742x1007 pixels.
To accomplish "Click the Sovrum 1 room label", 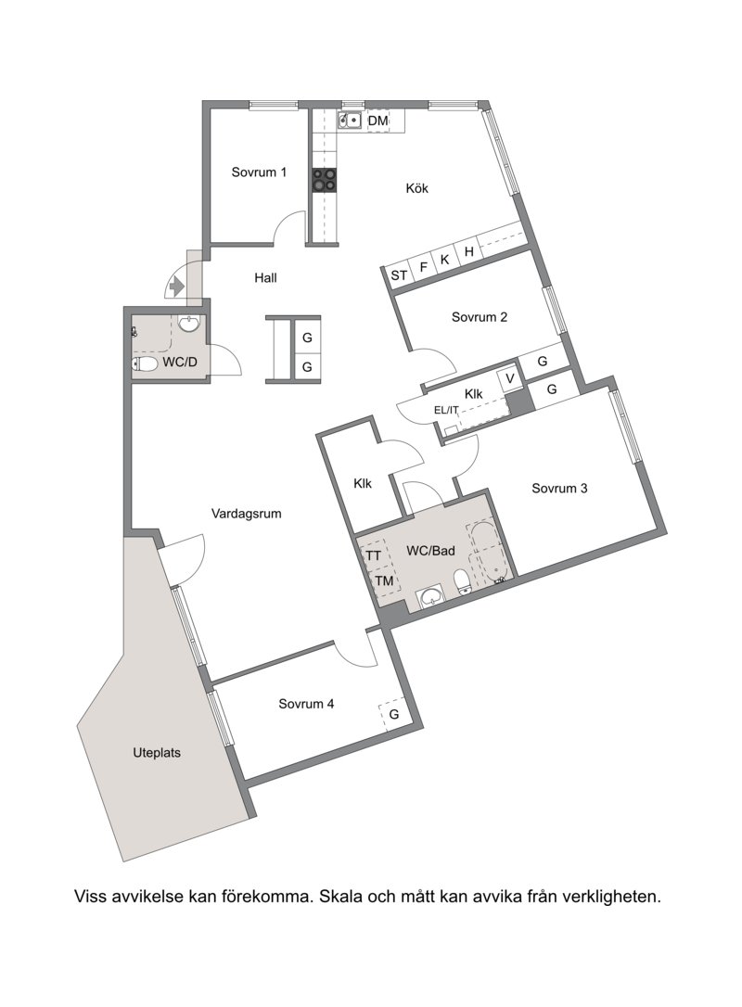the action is tap(259, 172).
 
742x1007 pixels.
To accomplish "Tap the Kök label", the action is tap(417, 188).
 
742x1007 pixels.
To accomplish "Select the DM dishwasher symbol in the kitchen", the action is tap(377, 121).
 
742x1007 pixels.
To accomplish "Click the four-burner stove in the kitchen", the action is tap(324, 180).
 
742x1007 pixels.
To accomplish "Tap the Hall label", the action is tap(265, 277).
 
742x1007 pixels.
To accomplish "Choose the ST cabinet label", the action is tap(399, 275).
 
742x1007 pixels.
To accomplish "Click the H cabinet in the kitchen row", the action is tap(469, 251).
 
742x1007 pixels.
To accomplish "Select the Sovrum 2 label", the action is tap(480, 316).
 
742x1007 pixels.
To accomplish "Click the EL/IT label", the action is tap(446, 409).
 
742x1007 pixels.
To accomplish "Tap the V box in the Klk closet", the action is tap(510, 379).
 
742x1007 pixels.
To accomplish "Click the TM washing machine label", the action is tap(384, 581).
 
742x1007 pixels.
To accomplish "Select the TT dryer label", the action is tap(373, 555).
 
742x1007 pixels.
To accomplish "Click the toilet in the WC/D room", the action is tap(145, 364).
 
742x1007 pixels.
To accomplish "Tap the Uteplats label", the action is tap(157, 753).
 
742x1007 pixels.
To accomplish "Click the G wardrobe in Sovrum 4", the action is tap(394, 714).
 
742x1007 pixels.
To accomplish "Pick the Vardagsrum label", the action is tap(247, 514).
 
